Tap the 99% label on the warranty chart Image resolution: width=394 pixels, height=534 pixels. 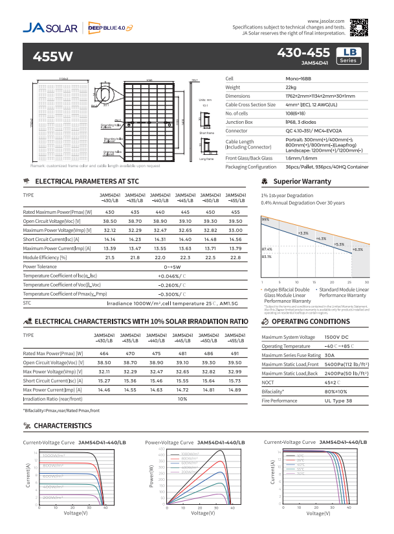(x=265, y=220)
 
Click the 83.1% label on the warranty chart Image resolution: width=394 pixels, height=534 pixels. (x=267, y=257)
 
